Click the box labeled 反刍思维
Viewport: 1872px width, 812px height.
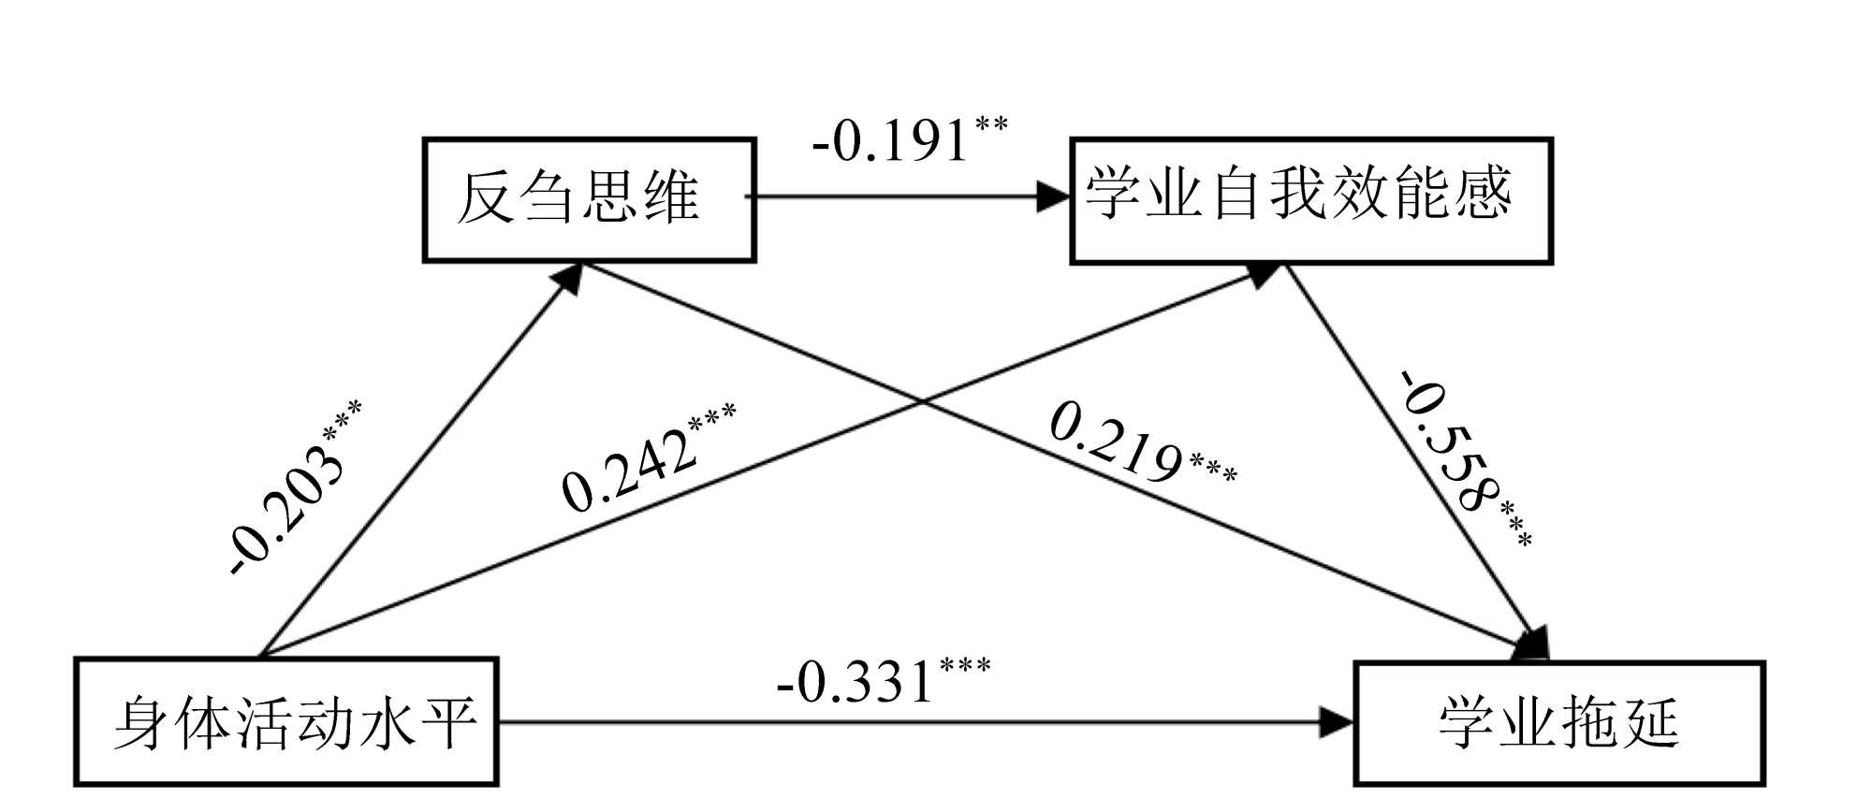click(x=589, y=200)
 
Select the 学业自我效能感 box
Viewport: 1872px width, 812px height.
click(x=1311, y=200)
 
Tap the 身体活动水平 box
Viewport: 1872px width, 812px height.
click(x=286, y=722)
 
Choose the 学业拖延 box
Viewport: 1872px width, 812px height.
click(x=1559, y=723)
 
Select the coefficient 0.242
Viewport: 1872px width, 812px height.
click(x=629, y=471)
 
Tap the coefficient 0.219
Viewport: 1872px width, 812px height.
click(x=1115, y=440)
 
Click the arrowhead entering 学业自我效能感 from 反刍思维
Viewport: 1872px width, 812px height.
click(x=1055, y=196)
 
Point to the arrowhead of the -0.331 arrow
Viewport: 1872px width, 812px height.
click(x=1338, y=722)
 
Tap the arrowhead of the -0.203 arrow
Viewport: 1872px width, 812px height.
click(x=570, y=277)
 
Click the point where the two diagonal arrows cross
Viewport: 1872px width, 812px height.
click(x=922, y=403)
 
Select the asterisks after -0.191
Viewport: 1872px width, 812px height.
click(x=991, y=123)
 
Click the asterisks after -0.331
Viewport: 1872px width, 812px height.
click(x=965, y=666)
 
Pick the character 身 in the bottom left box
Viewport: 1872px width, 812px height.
click(x=140, y=722)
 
